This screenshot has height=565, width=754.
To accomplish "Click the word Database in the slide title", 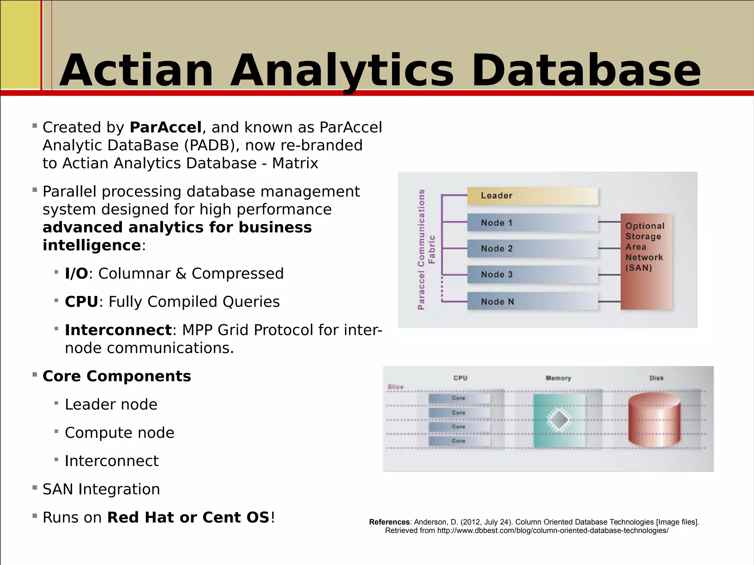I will (x=586, y=71).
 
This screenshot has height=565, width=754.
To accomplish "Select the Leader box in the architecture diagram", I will (x=532, y=196).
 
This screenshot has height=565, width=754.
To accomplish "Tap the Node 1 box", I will (x=532, y=223).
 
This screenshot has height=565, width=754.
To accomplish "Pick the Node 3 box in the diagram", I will (x=532, y=275).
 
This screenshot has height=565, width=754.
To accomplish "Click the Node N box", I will (x=532, y=301).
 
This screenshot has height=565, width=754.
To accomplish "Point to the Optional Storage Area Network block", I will (x=646, y=261).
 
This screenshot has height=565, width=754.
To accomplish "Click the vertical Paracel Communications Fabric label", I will (x=426, y=250).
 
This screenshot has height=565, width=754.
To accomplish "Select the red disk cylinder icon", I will (x=654, y=420).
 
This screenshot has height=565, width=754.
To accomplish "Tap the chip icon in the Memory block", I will (x=559, y=420).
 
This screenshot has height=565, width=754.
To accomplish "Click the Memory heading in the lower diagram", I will (x=558, y=378).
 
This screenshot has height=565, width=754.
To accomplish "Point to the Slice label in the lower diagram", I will (x=395, y=387).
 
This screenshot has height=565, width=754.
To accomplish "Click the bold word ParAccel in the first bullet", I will (x=165, y=127).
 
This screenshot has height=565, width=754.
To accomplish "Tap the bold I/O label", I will (x=77, y=273).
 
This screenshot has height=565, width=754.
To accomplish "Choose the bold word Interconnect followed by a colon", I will (x=118, y=330).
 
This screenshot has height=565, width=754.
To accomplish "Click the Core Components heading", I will (x=117, y=376).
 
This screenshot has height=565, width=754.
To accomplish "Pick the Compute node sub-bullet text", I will (x=119, y=433).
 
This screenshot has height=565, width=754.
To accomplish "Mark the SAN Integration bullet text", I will (x=101, y=489).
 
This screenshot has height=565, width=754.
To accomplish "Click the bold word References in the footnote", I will (x=389, y=522).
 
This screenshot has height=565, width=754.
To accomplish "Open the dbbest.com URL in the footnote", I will (x=552, y=531).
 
